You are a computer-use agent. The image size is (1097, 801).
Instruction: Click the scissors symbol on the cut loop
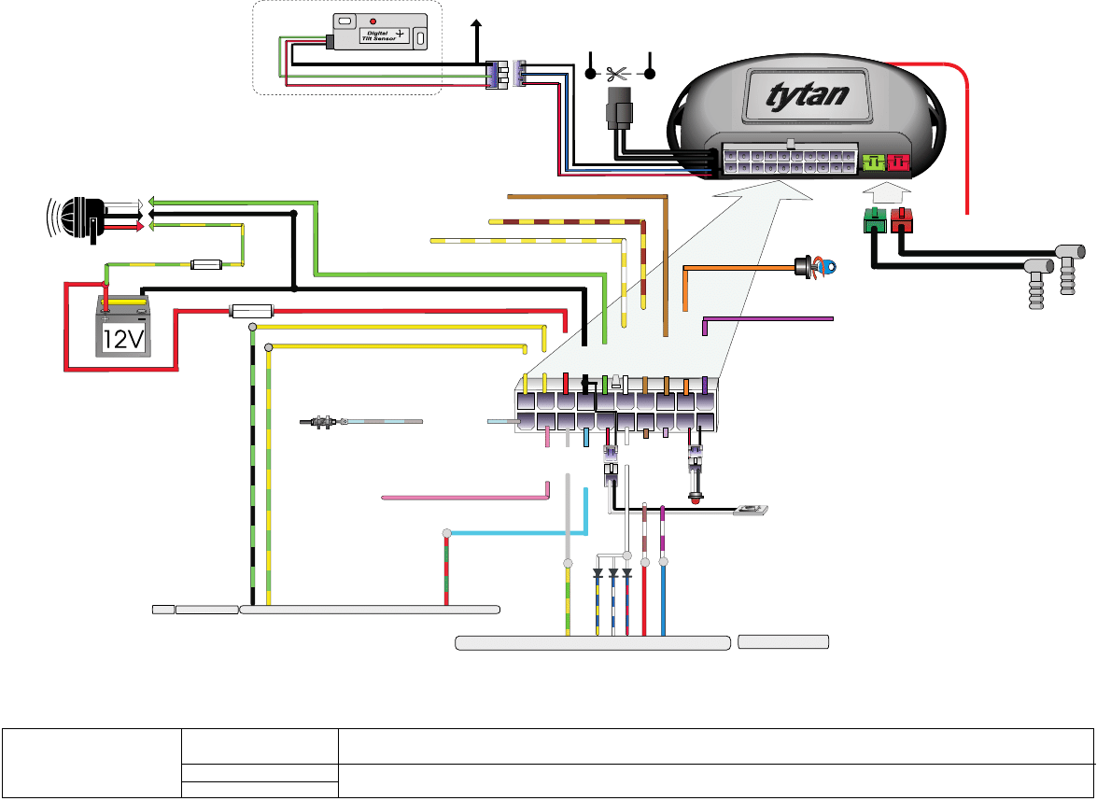pos(617,73)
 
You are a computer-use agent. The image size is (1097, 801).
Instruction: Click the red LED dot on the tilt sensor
pos(373,21)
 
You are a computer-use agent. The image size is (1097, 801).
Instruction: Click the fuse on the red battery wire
pos(249,310)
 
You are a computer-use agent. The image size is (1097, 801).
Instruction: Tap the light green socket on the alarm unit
pos(874,163)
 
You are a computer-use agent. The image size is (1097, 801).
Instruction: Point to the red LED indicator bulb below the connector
pos(696,499)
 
